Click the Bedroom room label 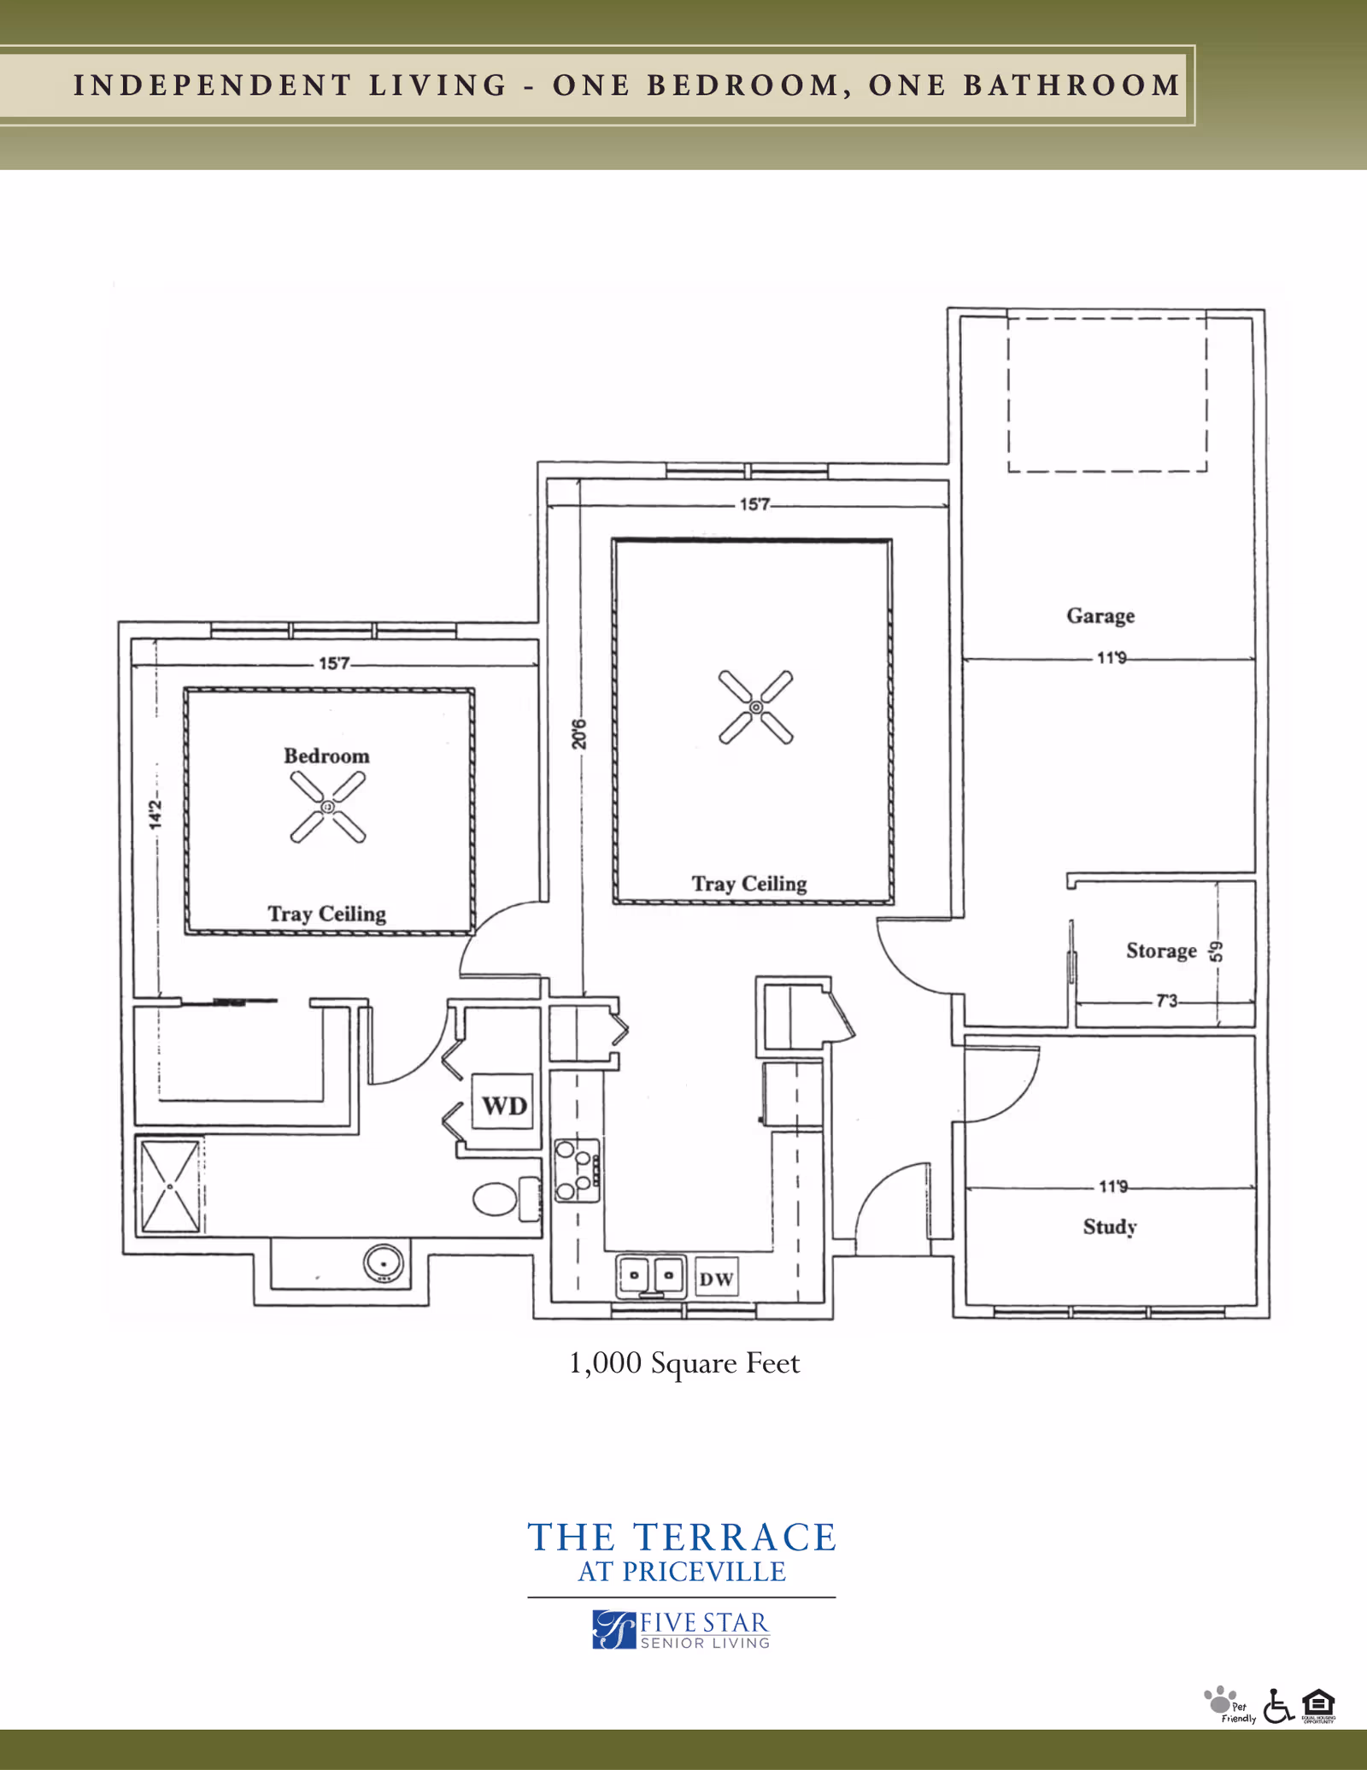coord(326,756)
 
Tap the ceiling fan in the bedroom coord(328,807)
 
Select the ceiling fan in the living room coord(756,708)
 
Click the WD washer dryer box coord(504,1105)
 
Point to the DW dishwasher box coord(716,1279)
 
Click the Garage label coord(1100,615)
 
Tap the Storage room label coord(1161,950)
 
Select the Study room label coord(1110,1226)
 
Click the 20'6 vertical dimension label coord(579,733)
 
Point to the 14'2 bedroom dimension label coord(155,814)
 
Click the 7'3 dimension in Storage coord(1166,1000)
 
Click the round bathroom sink coord(384,1263)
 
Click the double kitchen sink coord(651,1276)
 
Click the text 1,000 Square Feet coord(684,1362)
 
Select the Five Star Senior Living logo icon coord(614,1629)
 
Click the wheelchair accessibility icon coord(1277,1706)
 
